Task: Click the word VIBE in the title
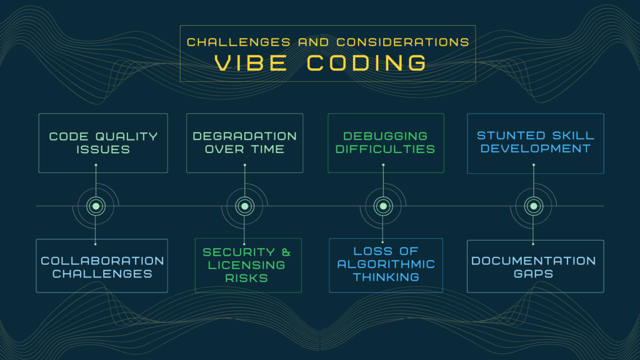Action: click(251, 63)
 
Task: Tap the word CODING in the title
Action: click(366, 63)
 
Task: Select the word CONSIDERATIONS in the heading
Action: click(403, 42)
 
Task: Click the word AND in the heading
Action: click(314, 42)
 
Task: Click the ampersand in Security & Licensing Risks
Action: click(286, 252)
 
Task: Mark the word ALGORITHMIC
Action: click(386, 264)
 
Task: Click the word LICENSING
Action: click(246, 265)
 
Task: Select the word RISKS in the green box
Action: click(246, 278)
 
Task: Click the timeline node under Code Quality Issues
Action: click(96, 206)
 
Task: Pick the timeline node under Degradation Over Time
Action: click(245, 206)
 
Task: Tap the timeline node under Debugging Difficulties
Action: click(383, 206)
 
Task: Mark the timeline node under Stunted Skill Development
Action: click(534, 206)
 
